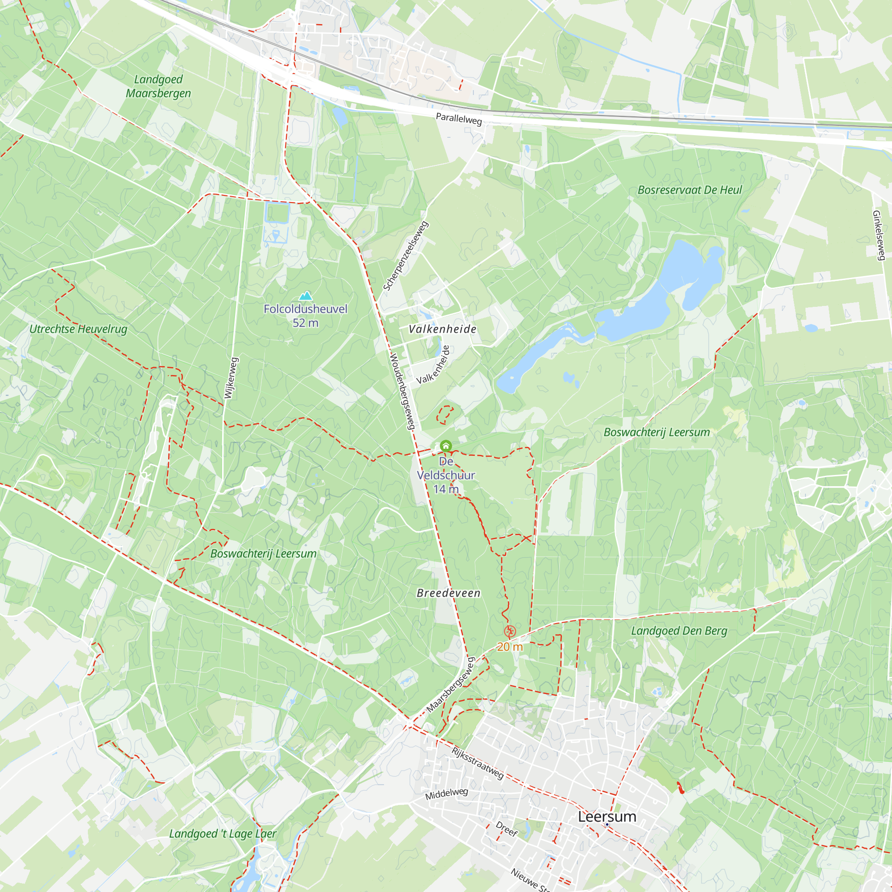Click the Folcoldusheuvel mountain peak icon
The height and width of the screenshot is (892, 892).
(x=306, y=296)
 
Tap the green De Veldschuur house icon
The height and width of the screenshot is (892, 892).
(x=446, y=446)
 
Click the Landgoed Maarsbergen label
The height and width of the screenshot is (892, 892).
(x=158, y=87)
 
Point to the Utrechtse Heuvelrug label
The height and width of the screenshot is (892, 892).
(x=78, y=329)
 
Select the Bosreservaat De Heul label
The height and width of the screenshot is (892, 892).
(x=690, y=190)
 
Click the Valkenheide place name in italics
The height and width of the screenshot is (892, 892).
(x=442, y=329)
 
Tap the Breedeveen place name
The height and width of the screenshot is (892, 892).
(x=448, y=593)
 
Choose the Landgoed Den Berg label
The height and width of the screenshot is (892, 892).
(x=679, y=631)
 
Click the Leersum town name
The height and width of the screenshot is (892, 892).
(x=607, y=817)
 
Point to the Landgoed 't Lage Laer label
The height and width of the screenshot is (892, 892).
(x=223, y=834)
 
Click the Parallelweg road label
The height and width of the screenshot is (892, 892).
(x=459, y=119)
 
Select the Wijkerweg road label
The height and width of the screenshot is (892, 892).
(x=231, y=378)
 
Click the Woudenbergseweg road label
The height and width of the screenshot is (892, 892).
(x=403, y=392)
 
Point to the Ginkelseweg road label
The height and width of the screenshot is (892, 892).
(x=879, y=235)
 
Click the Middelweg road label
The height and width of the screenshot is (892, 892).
(x=446, y=794)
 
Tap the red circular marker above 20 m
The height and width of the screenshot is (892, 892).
(x=510, y=631)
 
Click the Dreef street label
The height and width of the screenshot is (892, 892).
(x=507, y=829)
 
